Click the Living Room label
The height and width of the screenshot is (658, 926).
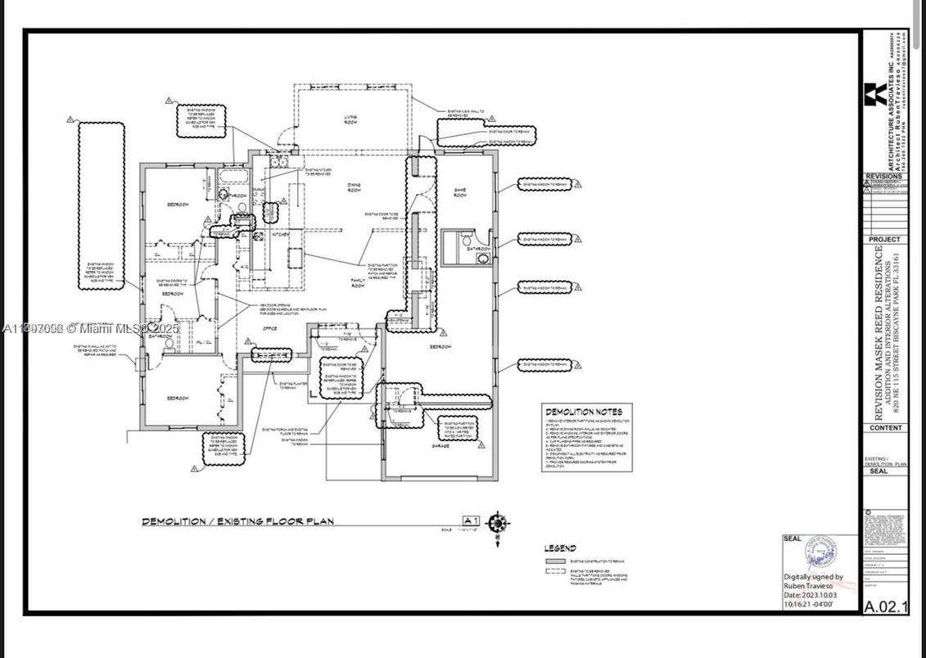(x=350, y=120)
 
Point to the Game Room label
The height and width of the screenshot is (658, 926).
(x=460, y=192)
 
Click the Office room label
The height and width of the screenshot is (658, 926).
(x=269, y=328)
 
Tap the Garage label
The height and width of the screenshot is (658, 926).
(x=440, y=446)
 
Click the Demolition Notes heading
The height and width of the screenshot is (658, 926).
(x=584, y=412)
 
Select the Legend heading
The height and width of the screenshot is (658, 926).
(x=560, y=548)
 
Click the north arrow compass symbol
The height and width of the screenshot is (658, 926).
(x=497, y=522)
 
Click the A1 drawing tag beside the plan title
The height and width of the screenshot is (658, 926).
(x=471, y=521)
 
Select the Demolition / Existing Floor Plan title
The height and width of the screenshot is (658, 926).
(x=237, y=521)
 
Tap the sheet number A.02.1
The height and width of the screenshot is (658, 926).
(x=885, y=606)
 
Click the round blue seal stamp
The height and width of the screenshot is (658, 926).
(x=822, y=557)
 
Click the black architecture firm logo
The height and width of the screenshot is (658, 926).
(x=873, y=94)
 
